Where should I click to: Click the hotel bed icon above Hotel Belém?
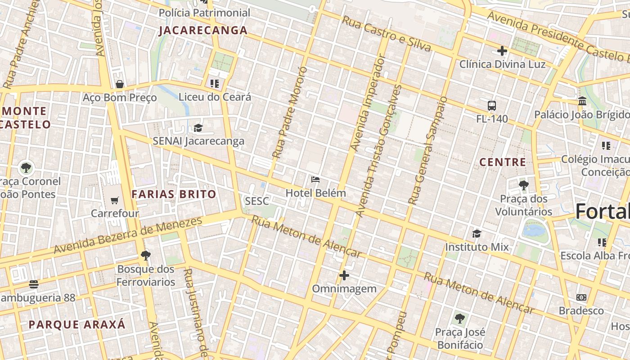tap(315, 180)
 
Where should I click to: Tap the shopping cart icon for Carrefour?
tap(115, 200)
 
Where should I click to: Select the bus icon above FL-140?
tap(492, 106)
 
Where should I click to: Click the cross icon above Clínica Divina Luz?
tap(502, 51)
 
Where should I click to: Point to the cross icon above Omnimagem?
tap(344, 275)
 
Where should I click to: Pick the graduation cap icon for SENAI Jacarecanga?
tap(198, 128)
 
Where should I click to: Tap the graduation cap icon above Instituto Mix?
tap(477, 234)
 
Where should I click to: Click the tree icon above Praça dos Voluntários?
tap(523, 185)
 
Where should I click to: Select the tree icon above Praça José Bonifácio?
tap(459, 319)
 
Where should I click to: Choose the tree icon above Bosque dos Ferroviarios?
tap(145, 256)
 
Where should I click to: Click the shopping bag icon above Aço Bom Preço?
tap(120, 84)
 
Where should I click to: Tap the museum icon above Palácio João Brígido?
tap(582, 101)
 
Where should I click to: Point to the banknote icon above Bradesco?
tap(581, 297)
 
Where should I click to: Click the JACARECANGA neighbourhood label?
tap(203, 31)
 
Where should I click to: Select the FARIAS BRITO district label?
tap(174, 194)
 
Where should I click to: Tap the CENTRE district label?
tap(503, 162)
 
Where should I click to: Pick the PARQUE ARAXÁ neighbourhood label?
tap(77, 325)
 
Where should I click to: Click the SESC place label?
tap(257, 201)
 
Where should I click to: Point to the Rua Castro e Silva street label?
tap(386, 34)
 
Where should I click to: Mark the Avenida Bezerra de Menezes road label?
tap(128, 235)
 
